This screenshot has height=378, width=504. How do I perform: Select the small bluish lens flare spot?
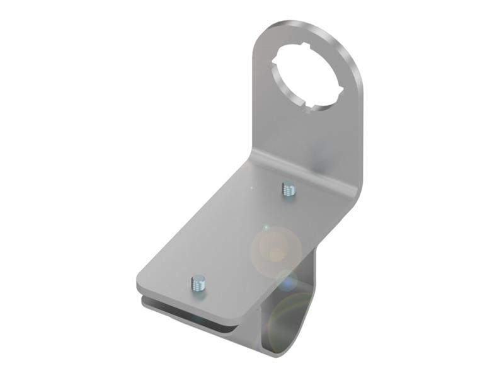click(x=288, y=280)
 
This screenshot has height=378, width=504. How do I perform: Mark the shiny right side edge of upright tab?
click(x=360, y=126)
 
